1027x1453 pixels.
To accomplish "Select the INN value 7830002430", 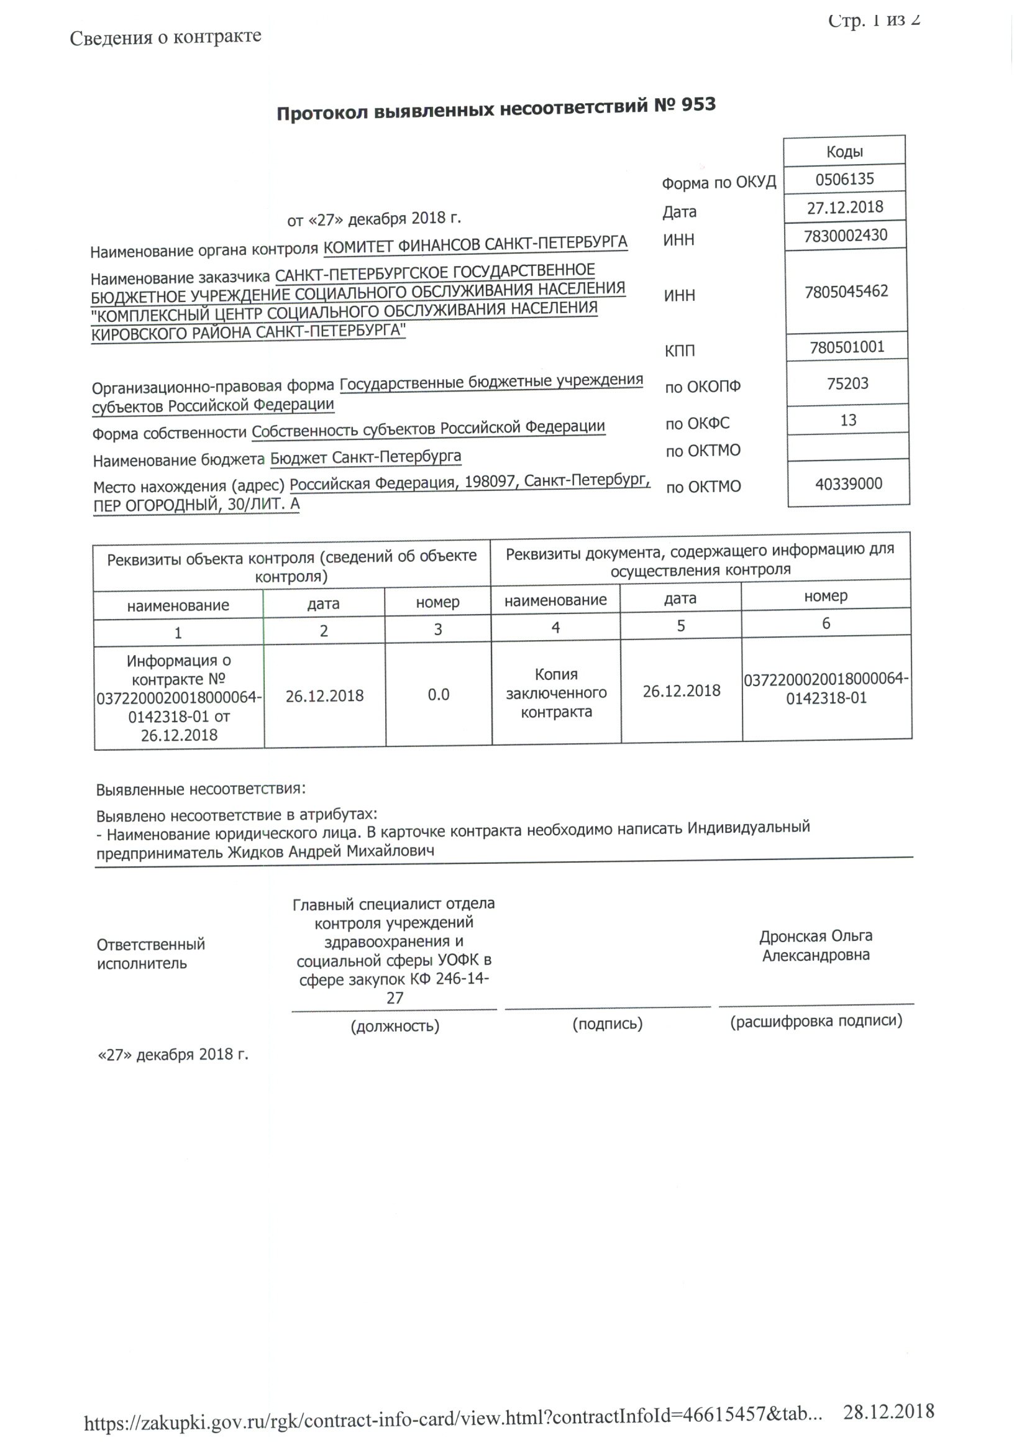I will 846,236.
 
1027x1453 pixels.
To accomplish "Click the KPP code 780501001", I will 847,347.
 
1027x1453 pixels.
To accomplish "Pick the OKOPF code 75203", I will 847,383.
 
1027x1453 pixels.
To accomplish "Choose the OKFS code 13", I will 848,420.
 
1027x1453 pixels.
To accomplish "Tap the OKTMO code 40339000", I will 849,484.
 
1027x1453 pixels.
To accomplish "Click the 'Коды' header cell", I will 844,151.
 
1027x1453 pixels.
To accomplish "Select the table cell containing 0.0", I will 439,695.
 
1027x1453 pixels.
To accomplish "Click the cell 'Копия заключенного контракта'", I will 556,693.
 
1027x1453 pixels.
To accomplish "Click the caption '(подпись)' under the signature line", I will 608,1024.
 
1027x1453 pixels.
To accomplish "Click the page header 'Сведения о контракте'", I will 165,37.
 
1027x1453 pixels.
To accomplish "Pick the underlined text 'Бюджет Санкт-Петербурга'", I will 366,457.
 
